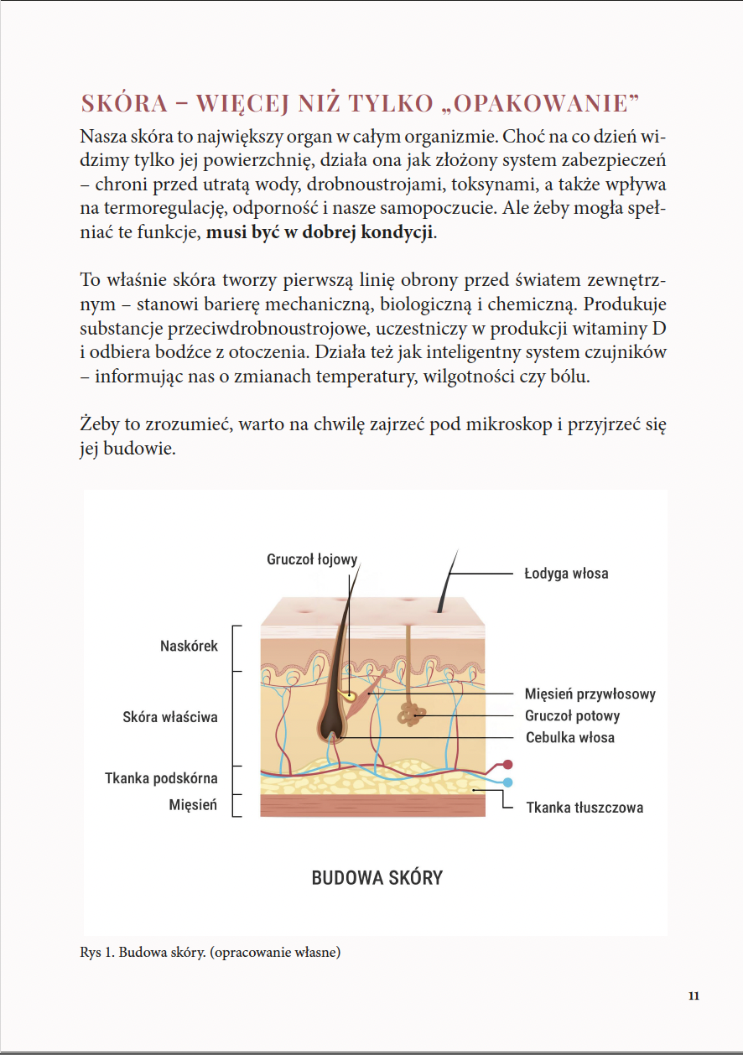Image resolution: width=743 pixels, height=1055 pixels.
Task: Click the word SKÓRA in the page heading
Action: [122, 103]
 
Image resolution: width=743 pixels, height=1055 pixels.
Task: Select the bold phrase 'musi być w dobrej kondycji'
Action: [321, 231]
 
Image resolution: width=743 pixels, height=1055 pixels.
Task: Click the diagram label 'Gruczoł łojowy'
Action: [312, 559]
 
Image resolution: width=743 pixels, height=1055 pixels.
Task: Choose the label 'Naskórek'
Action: [189, 646]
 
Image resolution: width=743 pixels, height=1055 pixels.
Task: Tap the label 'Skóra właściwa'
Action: [170, 717]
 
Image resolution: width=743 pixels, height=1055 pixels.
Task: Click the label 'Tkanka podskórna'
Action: [161, 778]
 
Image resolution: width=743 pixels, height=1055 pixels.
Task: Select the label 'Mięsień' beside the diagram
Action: [193, 805]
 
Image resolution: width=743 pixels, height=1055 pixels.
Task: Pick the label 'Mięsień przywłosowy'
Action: [590, 694]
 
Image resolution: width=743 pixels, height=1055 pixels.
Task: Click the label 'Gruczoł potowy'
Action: [573, 716]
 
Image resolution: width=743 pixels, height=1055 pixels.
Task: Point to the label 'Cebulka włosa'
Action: [570, 738]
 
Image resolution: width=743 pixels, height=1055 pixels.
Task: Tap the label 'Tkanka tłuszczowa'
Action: [585, 808]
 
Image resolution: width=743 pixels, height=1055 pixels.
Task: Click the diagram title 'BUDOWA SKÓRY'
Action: [377, 878]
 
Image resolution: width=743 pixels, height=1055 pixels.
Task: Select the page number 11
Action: [693, 996]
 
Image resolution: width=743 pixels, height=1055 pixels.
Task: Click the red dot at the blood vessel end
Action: [507, 765]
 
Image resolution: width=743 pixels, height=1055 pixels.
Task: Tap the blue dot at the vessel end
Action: [507, 782]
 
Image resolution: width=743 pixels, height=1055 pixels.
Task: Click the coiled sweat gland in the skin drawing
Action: [411, 714]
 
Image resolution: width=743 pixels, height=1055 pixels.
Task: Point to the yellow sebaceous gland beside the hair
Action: [347, 694]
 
